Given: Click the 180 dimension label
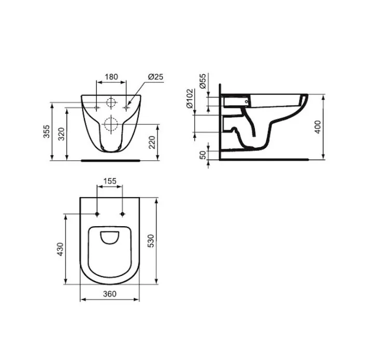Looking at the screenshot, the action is click(x=112, y=77).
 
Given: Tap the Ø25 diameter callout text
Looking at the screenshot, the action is click(x=156, y=77).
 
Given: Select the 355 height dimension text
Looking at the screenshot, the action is click(x=47, y=131).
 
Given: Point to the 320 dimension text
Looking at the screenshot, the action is click(x=61, y=134).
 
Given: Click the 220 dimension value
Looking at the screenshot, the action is click(x=152, y=142).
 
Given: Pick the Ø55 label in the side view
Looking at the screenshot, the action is click(x=203, y=81).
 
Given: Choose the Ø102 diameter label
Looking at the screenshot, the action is click(x=189, y=99).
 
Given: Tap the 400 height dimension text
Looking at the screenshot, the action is click(x=318, y=127).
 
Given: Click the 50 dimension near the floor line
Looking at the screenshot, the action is click(x=203, y=155).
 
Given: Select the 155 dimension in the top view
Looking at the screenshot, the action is click(x=110, y=181).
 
